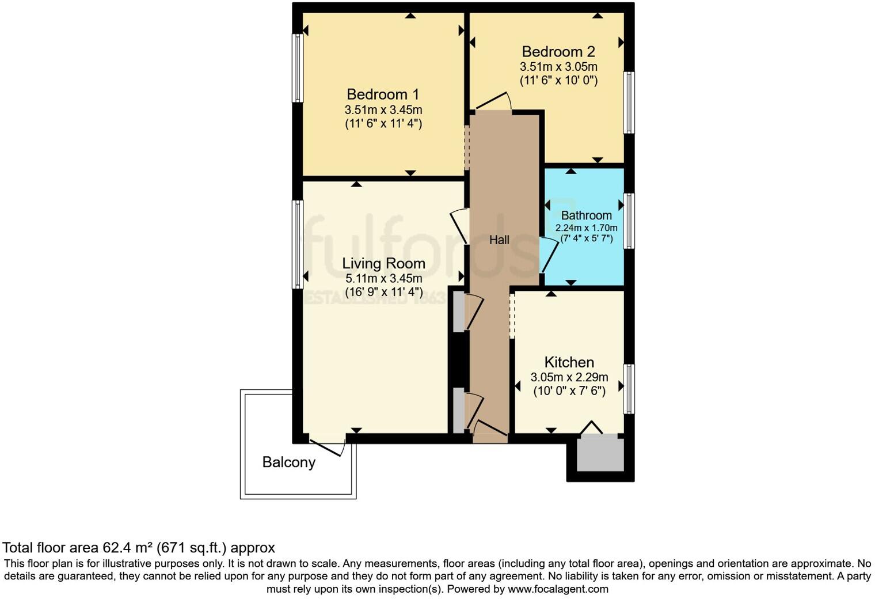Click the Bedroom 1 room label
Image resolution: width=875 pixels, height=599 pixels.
click(383, 94)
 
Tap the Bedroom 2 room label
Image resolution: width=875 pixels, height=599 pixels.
click(558, 52)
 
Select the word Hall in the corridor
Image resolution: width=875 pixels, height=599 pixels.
click(499, 240)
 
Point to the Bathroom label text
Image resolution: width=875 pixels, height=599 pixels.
click(586, 215)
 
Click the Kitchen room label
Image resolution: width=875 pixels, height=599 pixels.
click(569, 362)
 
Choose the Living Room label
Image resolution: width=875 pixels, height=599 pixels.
click(383, 263)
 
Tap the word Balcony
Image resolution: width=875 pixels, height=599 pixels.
click(288, 462)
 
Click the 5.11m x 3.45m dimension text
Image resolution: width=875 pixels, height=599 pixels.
click(383, 278)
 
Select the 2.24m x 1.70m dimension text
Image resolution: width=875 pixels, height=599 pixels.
click(586, 228)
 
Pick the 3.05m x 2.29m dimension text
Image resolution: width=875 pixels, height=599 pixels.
click(569, 378)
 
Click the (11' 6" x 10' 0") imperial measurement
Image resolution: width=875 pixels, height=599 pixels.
click(558, 81)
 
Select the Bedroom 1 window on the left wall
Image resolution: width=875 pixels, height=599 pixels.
click(298, 68)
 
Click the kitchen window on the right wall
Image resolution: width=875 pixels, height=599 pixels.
click(629, 389)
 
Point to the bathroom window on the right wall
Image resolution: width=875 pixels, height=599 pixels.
click(629, 221)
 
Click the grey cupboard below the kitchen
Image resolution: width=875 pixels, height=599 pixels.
click(600, 454)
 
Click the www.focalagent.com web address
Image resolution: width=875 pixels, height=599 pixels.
click(558, 589)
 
